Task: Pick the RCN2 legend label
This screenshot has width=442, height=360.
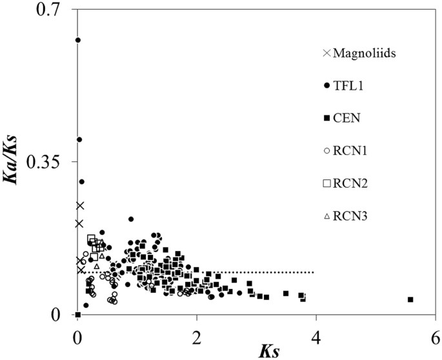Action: click(349, 183)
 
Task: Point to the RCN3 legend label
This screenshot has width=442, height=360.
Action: click(349, 215)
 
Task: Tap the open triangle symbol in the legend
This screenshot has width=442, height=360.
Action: click(326, 215)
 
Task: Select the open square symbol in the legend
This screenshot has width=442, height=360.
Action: click(326, 183)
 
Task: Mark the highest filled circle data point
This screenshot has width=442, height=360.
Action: click(78, 40)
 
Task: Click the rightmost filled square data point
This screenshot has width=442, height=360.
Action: click(410, 299)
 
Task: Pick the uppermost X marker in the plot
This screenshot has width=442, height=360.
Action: click(80, 206)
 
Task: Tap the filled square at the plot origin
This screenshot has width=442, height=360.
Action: click(78, 315)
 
